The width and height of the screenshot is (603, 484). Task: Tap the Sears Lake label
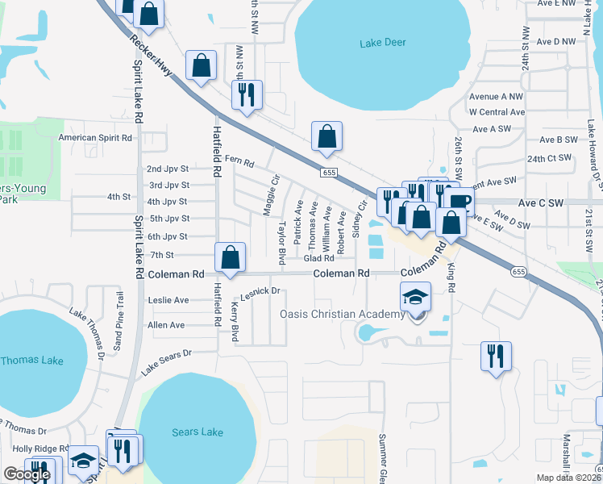tap(198, 432)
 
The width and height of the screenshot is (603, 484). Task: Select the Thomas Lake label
tap(26, 361)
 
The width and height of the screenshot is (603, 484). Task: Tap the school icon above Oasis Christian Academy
tap(415, 298)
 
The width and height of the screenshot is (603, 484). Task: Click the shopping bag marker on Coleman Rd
tap(231, 257)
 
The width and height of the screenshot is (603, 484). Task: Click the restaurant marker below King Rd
tap(497, 356)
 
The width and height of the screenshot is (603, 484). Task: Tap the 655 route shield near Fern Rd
tap(328, 173)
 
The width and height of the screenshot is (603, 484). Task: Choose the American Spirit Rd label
tap(95, 138)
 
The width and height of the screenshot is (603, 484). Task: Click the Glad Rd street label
tap(318, 258)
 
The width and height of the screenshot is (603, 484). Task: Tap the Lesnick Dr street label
tap(260, 290)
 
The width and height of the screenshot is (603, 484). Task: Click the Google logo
tap(27, 475)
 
